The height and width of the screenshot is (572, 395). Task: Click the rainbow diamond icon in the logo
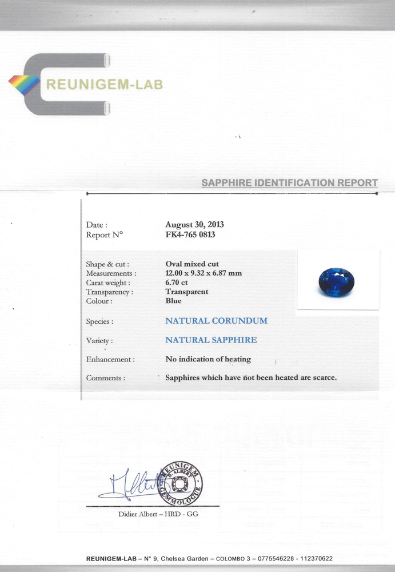(24, 85)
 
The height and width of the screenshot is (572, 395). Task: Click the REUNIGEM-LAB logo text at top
(104, 85)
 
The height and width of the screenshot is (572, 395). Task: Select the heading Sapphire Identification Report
(289, 183)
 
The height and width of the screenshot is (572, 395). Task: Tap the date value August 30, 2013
(194, 225)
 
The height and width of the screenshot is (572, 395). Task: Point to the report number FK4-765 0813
(190, 235)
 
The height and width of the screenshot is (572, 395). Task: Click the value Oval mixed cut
(192, 264)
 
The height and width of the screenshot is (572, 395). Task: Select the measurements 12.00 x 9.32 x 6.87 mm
(204, 273)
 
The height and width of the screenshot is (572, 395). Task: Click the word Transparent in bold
(187, 292)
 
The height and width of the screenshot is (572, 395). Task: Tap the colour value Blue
(173, 301)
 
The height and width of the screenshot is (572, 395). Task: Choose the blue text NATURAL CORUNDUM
(216, 321)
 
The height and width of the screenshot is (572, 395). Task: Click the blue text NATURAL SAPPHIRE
(211, 340)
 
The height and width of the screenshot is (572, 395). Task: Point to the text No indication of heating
(208, 359)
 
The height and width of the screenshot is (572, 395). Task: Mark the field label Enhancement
(110, 360)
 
